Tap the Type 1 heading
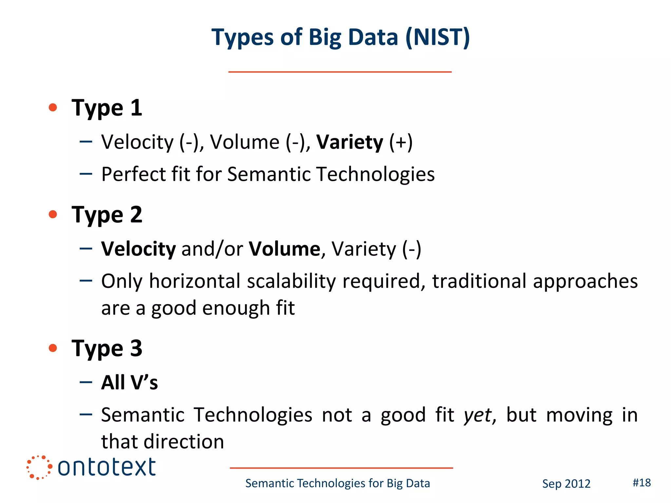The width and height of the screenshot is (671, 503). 107,108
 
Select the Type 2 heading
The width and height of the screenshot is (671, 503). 107,215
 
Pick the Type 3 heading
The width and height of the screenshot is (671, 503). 107,348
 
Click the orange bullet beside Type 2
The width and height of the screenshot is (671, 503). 53,214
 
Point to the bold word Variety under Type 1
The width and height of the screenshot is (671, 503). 350,142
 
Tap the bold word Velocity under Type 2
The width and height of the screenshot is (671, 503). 138,249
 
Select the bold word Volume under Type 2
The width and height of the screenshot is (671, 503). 284,249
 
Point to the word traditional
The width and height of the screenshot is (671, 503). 479,281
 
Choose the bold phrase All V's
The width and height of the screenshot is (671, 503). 129,382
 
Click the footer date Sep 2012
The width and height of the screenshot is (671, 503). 566,484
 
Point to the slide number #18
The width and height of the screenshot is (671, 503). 642,483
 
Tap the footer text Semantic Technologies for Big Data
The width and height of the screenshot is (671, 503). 337,483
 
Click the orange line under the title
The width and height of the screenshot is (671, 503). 340,72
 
